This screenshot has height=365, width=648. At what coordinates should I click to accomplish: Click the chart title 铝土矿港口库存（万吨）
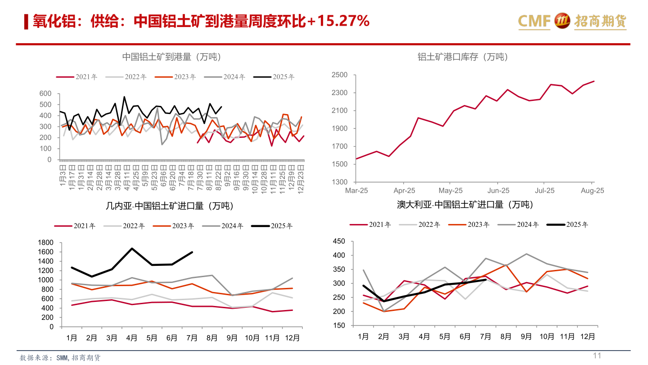[x=462, y=57]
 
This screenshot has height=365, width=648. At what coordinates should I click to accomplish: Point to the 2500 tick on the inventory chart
[x=339, y=75]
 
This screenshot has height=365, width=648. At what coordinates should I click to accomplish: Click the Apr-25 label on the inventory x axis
[x=404, y=191]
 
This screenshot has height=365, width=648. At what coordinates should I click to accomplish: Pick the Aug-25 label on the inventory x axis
[x=592, y=191]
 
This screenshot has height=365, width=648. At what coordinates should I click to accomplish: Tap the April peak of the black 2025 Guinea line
[x=132, y=248]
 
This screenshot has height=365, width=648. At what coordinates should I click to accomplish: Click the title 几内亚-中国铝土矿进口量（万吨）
[x=170, y=206]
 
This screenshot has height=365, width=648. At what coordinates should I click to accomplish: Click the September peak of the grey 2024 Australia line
[x=526, y=254]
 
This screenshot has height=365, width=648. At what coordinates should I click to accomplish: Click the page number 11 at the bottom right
[x=597, y=356]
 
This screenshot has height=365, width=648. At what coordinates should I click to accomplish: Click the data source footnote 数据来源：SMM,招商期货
[x=60, y=357]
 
